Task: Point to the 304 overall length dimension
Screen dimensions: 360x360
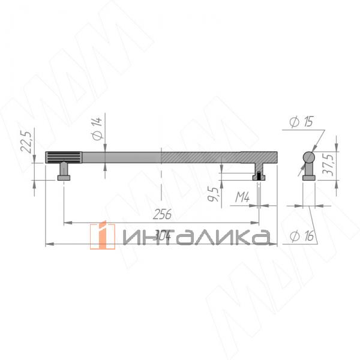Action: pyautogui.click(x=161, y=236)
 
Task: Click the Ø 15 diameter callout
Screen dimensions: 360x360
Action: pyautogui.click(x=300, y=122)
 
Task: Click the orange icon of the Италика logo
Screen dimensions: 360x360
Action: pyautogui.click(x=102, y=236)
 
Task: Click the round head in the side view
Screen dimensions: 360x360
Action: pyautogui.click(x=308, y=158)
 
